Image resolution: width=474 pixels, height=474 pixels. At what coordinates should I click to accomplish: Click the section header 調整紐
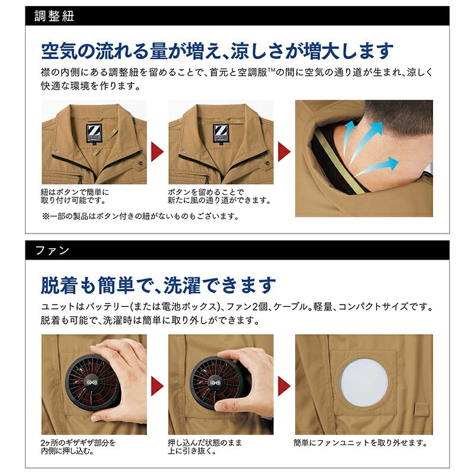pyautogui.click(x=54, y=16)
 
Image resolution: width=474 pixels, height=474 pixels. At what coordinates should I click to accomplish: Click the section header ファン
pyautogui.click(x=52, y=250)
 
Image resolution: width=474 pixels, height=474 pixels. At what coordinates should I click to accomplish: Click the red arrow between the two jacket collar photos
pyautogui.click(x=157, y=152)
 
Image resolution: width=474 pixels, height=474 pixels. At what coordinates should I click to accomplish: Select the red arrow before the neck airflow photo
pyautogui.click(x=284, y=152)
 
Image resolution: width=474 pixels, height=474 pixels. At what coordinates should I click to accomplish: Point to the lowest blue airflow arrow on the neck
pyautogui.click(x=376, y=167)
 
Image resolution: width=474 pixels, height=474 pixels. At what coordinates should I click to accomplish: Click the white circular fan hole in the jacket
pyautogui.click(x=364, y=382)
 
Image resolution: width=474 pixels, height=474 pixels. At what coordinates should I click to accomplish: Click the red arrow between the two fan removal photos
pyautogui.click(x=157, y=386)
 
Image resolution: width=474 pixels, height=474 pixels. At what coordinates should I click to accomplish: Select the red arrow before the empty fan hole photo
pyautogui.click(x=284, y=386)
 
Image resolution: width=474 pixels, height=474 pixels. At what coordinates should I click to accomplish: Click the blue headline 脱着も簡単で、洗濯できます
pyautogui.click(x=158, y=285)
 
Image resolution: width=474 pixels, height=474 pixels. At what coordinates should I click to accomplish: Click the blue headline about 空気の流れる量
pyautogui.click(x=217, y=51)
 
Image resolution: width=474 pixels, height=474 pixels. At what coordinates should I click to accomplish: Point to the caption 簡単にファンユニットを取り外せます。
pyautogui.click(x=361, y=443)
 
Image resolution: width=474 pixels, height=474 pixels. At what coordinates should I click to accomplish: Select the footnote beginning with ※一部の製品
pyautogui.click(x=141, y=216)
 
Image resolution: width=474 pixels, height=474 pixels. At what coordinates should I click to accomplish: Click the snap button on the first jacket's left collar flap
pyautogui.click(x=56, y=150)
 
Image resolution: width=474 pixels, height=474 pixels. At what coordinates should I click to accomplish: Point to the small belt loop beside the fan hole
pyautogui.click(x=422, y=409)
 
